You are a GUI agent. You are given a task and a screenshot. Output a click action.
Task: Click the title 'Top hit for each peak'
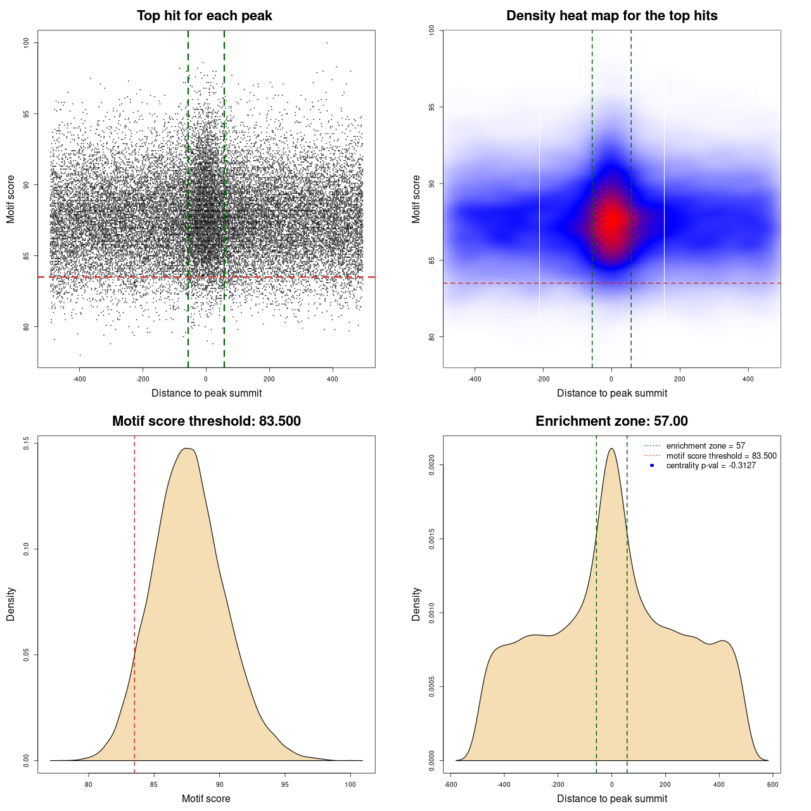click(x=204, y=16)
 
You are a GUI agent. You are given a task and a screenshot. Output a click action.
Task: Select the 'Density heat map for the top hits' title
click(x=611, y=16)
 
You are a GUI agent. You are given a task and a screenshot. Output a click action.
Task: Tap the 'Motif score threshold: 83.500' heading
click(x=206, y=421)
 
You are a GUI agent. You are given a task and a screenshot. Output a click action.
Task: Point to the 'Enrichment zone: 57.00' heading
click(x=611, y=421)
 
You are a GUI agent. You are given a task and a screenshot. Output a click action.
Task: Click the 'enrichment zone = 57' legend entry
click(x=705, y=446)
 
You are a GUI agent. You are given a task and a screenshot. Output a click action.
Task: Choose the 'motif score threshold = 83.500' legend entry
click(x=721, y=456)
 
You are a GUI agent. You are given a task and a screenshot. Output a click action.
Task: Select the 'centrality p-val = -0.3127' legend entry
click(x=711, y=466)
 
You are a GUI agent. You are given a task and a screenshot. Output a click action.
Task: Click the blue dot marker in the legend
click(x=652, y=466)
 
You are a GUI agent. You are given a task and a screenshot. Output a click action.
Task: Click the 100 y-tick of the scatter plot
click(x=27, y=42)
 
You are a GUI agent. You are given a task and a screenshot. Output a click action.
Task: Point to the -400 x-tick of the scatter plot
click(x=79, y=379)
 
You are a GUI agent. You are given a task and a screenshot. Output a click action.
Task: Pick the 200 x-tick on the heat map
click(x=680, y=379)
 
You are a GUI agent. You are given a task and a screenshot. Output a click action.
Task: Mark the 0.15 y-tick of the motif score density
click(x=27, y=444)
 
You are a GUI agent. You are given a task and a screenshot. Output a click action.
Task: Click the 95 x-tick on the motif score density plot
click(x=285, y=784)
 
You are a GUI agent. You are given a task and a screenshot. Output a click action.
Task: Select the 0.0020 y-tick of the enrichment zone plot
click(x=432, y=465)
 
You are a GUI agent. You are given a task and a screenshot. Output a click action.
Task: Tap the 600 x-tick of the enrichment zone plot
click(x=772, y=784)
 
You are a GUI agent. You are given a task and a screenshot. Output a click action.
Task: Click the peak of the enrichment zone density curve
click(x=611, y=449)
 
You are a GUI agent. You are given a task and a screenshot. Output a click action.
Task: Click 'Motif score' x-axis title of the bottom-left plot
click(x=206, y=798)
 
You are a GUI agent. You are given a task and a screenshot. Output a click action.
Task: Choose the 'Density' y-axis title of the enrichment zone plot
click(x=416, y=604)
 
